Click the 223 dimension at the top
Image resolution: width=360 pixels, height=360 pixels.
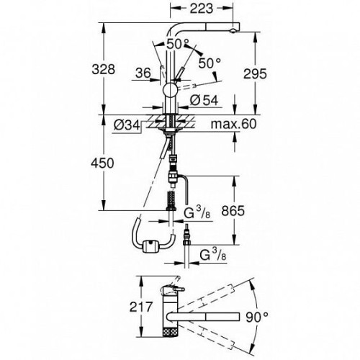(x=202, y=9)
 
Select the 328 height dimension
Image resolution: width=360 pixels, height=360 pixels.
(x=104, y=70)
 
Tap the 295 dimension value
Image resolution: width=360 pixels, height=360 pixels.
(x=255, y=73)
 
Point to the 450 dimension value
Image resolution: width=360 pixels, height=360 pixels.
(x=102, y=163)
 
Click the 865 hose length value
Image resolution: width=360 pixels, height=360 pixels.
(x=233, y=211)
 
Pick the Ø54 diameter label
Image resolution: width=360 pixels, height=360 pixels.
(x=204, y=100)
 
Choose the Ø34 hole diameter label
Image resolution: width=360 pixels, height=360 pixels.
(x=127, y=125)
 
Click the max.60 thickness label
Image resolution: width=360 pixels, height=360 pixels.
(x=233, y=124)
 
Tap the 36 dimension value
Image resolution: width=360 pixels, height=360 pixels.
(x=143, y=73)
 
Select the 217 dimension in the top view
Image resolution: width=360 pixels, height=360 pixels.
(x=141, y=307)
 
